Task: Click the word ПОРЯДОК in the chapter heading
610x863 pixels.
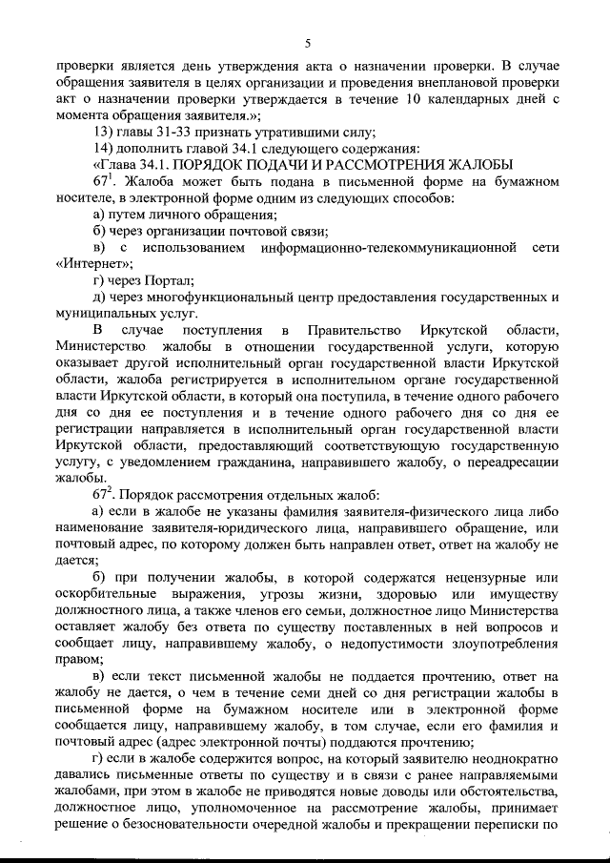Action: click(x=203, y=163)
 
